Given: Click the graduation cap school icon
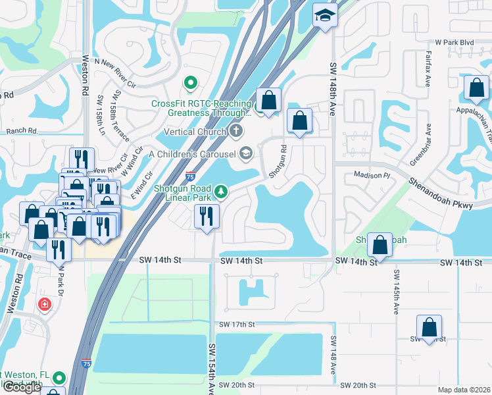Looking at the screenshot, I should [x=324, y=14].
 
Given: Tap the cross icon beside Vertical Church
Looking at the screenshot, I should [x=235, y=132].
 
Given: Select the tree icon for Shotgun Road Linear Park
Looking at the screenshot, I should [x=222, y=191].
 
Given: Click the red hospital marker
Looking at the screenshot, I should [x=44, y=304].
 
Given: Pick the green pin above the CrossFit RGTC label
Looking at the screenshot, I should [x=191, y=82].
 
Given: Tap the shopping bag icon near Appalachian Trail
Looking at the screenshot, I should [x=476, y=88].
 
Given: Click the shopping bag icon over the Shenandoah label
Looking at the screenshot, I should [x=380, y=244].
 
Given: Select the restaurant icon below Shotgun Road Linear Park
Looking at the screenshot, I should [x=207, y=216].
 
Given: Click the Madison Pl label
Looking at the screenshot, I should [x=372, y=176].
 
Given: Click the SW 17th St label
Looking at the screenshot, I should [x=237, y=325].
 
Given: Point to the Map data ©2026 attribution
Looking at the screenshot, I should [x=464, y=390].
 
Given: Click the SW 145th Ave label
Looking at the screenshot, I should [x=397, y=292].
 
